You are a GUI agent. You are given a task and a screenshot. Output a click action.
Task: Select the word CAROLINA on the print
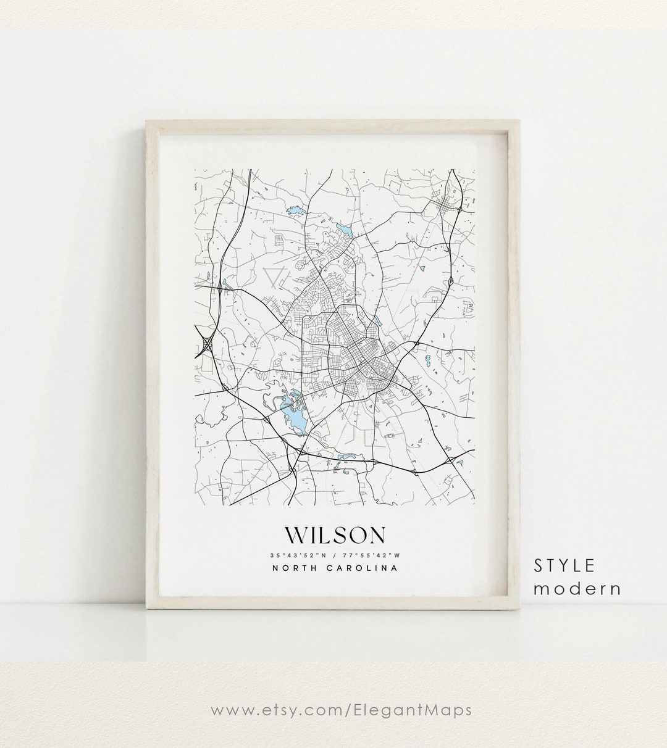(x=363, y=568)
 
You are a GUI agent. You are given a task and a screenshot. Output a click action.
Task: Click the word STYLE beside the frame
(x=565, y=565)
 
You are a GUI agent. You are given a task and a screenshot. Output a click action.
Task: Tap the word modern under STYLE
(x=577, y=588)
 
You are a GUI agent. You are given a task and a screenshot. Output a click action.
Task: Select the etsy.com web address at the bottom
(x=342, y=710)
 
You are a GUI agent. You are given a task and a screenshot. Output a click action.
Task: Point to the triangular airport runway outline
(x=272, y=278)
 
